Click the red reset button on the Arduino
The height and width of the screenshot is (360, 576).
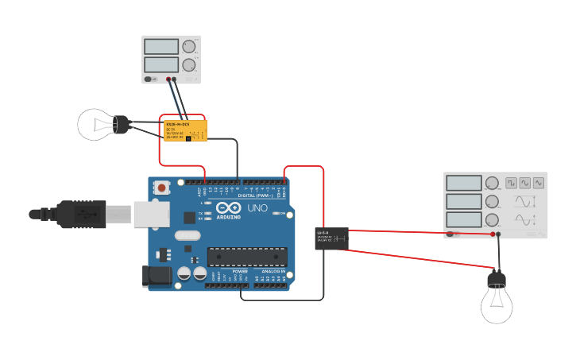[162, 188]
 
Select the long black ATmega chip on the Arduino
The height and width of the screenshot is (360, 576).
[247, 256]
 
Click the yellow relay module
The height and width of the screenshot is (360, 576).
[186, 130]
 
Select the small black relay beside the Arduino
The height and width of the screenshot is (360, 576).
[331, 238]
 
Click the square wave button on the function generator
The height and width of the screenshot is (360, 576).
[511, 183]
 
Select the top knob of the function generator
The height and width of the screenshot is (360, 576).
[492, 184]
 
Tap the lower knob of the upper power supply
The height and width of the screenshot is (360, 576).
[188, 65]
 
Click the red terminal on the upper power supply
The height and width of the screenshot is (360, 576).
[169, 79]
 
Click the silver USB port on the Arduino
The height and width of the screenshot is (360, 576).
[147, 213]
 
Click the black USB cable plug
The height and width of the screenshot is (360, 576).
[79, 213]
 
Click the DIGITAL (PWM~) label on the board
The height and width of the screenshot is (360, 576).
[256, 195]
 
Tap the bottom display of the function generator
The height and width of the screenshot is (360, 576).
[463, 220]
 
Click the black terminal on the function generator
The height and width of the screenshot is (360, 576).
[498, 234]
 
